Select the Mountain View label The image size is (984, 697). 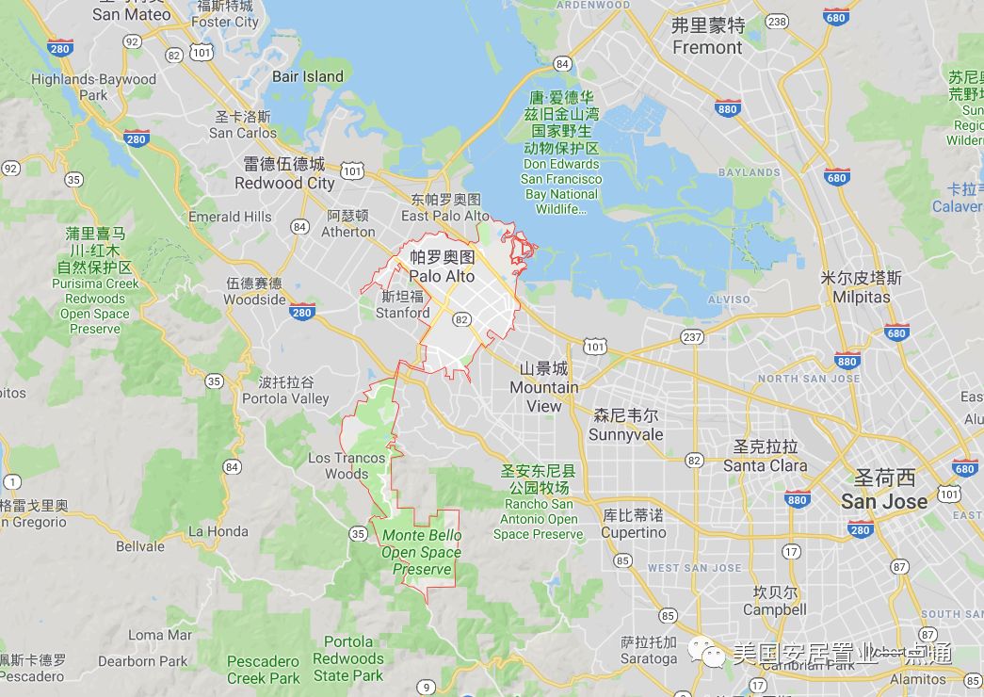coord(544,387)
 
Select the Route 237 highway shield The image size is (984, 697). coord(692,337)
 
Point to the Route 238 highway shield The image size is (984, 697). coord(777,21)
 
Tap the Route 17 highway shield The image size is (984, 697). coord(791,551)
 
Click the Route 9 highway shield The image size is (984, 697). coord(427,686)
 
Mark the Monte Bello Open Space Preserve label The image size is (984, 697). coord(421,552)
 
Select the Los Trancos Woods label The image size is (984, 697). coord(347,465)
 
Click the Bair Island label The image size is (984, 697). coord(307,76)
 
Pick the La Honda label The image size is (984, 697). coord(218,531)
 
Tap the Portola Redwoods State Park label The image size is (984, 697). coord(348,658)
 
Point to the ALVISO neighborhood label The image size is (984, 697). coord(729,300)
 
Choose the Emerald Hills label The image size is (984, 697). coord(230,216)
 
